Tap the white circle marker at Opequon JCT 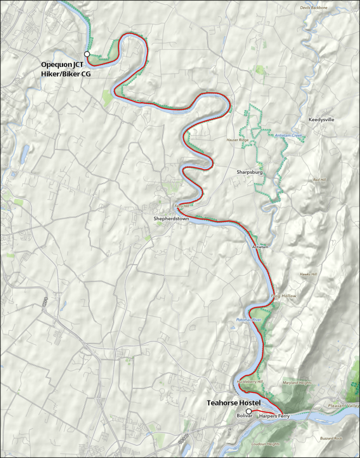click(x=86, y=54)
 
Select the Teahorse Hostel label click(x=234, y=403)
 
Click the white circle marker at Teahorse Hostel click(x=248, y=411)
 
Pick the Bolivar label click(x=244, y=416)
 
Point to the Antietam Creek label click(x=288, y=135)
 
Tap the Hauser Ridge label click(x=238, y=140)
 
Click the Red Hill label click(x=319, y=179)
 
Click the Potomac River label click(x=249, y=321)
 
